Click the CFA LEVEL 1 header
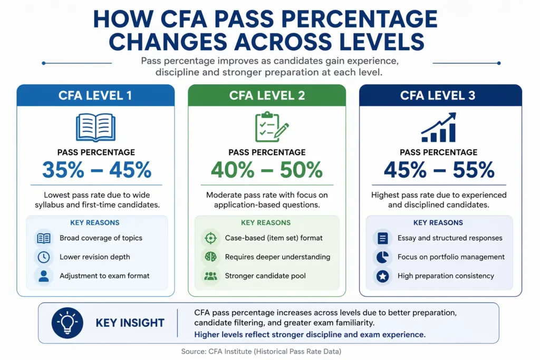[x=95, y=95]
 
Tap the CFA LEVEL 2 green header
[x=267, y=95]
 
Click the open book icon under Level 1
[x=95, y=127]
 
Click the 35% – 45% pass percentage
[x=97, y=170]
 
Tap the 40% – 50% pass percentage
[x=267, y=170]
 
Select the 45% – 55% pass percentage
[x=439, y=170]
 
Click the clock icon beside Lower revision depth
[x=43, y=257]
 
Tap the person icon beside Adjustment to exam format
[x=43, y=276]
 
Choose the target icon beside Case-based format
[x=210, y=238]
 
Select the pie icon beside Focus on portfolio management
[x=383, y=257]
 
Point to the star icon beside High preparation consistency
[x=383, y=276]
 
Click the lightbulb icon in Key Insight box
[x=67, y=323]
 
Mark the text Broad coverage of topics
[x=101, y=238]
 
